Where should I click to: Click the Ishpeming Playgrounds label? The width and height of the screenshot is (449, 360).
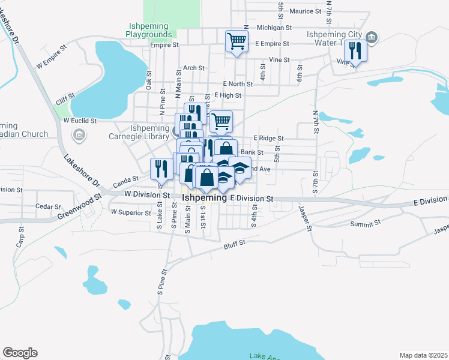(x=151, y=31)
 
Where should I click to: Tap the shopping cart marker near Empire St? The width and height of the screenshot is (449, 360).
(x=237, y=42)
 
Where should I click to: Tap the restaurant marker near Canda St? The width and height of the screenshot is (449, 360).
(x=161, y=169)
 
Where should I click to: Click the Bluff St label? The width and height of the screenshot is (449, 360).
(x=235, y=243)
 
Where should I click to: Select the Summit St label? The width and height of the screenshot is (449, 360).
(x=369, y=223)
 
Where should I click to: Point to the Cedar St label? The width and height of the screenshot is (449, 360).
(x=44, y=206)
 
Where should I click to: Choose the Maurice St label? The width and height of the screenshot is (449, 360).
(x=306, y=11)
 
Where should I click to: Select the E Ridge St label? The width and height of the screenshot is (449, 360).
(x=268, y=138)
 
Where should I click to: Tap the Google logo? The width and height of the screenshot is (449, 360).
(x=20, y=353)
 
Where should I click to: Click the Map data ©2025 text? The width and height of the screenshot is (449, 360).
(x=423, y=355)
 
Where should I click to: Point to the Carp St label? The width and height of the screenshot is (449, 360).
(x=20, y=241)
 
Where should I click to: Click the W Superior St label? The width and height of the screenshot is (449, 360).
(x=131, y=212)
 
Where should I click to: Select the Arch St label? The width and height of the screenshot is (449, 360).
(x=194, y=68)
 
